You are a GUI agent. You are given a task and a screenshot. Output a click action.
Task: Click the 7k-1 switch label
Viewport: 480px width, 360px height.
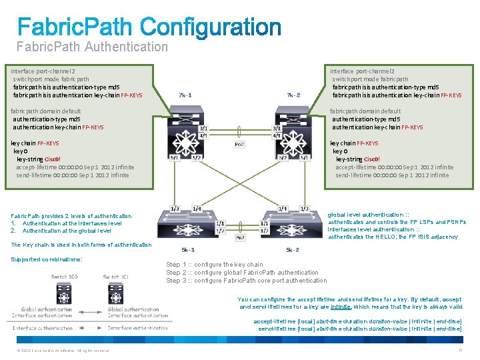[x=186, y=95]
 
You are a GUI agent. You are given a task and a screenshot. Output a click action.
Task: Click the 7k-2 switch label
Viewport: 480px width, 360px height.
[x=293, y=95]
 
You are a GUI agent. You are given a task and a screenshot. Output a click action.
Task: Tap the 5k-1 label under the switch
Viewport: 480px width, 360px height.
[x=188, y=250]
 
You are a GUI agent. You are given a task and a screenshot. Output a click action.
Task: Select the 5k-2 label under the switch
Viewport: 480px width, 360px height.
[x=293, y=250]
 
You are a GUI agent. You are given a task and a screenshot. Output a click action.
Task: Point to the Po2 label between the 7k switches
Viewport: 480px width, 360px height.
[x=239, y=143]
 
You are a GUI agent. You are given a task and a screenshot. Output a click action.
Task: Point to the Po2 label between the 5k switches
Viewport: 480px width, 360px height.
[x=239, y=237]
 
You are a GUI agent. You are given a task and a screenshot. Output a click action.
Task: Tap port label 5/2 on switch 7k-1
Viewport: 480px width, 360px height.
[x=196, y=158]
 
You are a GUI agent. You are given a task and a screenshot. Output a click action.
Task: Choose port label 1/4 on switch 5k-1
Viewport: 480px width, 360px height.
[x=197, y=209]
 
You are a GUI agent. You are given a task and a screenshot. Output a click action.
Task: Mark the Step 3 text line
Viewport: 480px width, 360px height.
[x=246, y=280]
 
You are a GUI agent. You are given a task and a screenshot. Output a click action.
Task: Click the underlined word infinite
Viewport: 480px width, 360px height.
[x=341, y=307]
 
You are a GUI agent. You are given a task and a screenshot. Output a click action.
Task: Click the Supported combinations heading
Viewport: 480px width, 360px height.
[x=47, y=259]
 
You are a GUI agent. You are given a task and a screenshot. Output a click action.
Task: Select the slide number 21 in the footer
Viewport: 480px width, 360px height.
[x=460, y=350]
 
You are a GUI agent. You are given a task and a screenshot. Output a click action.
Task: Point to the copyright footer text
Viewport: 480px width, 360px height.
[x=57, y=351]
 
